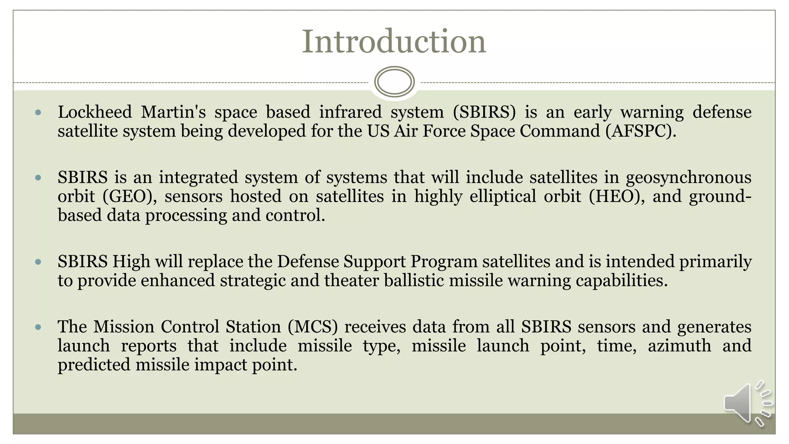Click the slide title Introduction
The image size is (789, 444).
[x=394, y=41]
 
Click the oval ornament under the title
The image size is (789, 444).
[x=394, y=82]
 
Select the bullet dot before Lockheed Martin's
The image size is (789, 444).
[x=38, y=113]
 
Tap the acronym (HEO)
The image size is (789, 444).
[x=616, y=196]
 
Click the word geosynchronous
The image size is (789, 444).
[x=688, y=178]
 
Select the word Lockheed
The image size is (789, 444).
[x=95, y=112]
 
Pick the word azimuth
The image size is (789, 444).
[x=679, y=345]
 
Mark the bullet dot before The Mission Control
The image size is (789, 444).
[x=38, y=327]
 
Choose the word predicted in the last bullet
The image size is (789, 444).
[x=94, y=365]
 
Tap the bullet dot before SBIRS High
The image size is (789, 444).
[x=38, y=262]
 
